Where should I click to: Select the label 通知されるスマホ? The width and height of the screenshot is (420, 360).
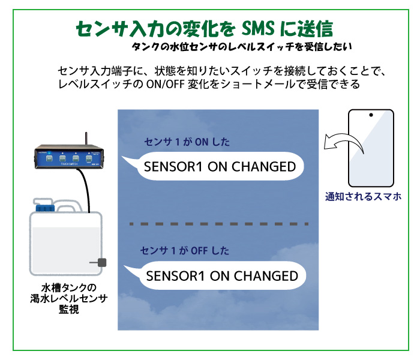(362, 196)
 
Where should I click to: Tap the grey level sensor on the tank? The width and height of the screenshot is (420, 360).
(101, 262)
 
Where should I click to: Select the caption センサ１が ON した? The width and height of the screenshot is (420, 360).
(187, 142)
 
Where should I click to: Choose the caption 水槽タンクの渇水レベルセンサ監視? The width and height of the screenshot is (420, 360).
(64, 298)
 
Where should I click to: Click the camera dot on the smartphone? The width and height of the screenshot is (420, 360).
(371, 115)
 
